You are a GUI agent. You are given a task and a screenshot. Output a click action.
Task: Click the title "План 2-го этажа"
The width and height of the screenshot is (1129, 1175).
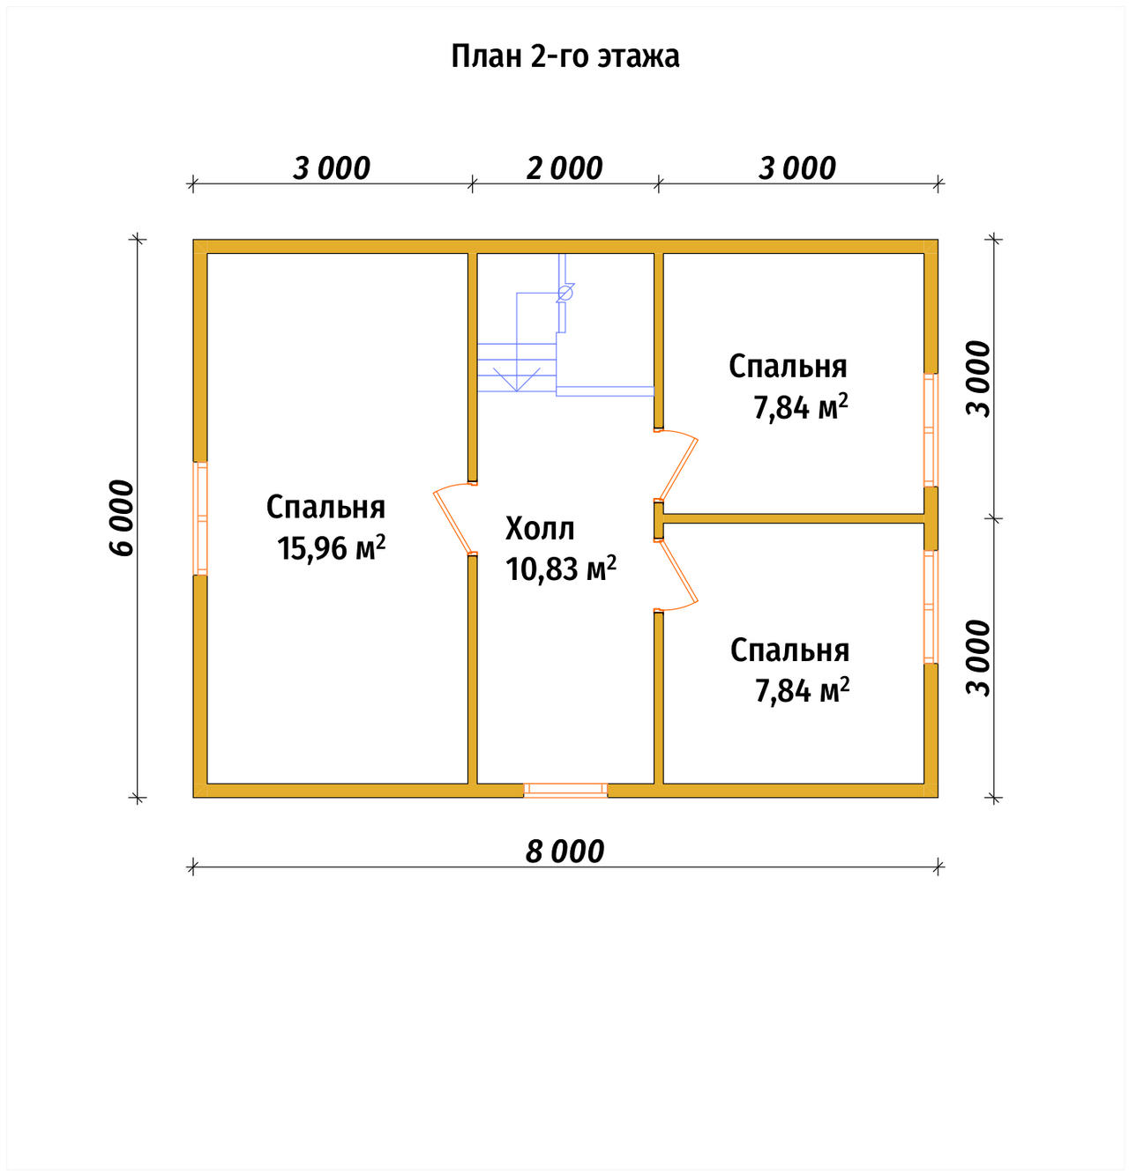pyautogui.click(x=564, y=56)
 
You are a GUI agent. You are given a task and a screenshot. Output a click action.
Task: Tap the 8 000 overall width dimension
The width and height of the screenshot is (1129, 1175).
pyautogui.click(x=564, y=852)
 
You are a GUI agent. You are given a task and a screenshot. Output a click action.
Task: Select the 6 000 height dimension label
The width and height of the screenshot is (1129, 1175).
pyautogui.click(x=122, y=517)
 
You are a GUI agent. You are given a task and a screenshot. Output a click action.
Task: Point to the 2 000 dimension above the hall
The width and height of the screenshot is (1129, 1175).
pyautogui.click(x=564, y=168)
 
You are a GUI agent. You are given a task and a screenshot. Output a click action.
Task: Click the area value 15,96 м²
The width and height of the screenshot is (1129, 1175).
pyautogui.click(x=331, y=548)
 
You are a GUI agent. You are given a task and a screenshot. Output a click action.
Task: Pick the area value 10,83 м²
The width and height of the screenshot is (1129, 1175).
pyautogui.click(x=561, y=569)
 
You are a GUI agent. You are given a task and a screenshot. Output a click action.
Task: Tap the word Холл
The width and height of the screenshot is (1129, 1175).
pyautogui.click(x=540, y=528)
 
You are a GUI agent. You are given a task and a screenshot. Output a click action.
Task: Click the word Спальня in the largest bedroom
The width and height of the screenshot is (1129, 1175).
pyautogui.click(x=325, y=507)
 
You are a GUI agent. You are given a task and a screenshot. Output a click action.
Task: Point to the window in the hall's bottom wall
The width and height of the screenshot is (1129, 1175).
pyautogui.click(x=564, y=791)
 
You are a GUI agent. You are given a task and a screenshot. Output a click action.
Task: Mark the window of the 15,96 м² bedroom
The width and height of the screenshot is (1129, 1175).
pyautogui.click(x=200, y=518)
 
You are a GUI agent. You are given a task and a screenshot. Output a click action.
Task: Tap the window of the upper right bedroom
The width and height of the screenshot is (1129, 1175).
pyautogui.click(x=931, y=430)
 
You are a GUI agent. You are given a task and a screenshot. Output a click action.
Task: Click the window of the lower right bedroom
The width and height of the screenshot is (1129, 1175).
pyautogui.click(x=931, y=606)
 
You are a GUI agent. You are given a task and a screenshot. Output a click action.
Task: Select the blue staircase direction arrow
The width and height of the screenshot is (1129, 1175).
pyautogui.click(x=517, y=379)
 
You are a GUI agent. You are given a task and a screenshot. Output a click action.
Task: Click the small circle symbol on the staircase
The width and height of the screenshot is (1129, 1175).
pyautogui.click(x=565, y=294)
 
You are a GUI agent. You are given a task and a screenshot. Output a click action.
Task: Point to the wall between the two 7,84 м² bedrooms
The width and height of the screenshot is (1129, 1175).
pyautogui.click(x=793, y=518)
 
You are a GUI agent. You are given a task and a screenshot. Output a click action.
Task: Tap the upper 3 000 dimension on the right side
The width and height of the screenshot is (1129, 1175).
pyautogui.click(x=978, y=379)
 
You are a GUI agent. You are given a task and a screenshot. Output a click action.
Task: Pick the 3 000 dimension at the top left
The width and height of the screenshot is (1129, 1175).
pyautogui.click(x=331, y=168)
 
